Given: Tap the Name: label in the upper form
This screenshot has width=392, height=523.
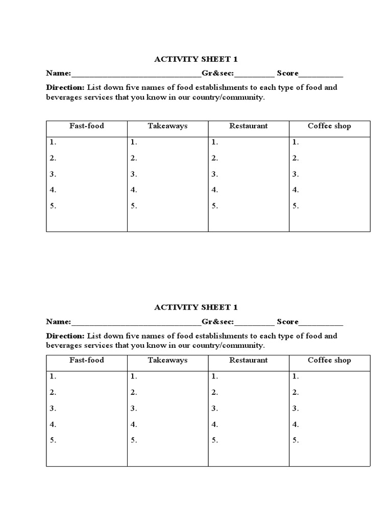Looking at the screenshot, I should pyautogui.click(x=59, y=73).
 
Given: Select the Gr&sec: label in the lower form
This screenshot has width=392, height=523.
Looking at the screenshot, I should pyautogui.click(x=218, y=322).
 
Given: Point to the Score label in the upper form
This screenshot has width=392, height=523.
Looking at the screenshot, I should pyautogui.click(x=287, y=73).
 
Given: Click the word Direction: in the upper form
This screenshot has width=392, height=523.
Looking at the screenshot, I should pyautogui.click(x=65, y=87).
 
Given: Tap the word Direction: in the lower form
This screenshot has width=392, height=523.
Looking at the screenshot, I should pyautogui.click(x=65, y=336).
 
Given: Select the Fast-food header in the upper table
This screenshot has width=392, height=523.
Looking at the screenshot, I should pyautogui.click(x=87, y=126).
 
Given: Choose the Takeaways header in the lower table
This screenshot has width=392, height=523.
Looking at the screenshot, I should pyautogui.click(x=167, y=360).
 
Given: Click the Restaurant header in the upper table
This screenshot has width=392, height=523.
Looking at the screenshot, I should pyautogui.click(x=249, y=126).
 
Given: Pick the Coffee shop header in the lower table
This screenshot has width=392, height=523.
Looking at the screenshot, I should pyautogui.click(x=329, y=360).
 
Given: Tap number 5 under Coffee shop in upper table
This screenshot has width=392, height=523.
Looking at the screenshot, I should pyautogui.click(x=296, y=206).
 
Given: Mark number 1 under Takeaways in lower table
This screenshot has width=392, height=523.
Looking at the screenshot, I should pyautogui.click(x=134, y=376).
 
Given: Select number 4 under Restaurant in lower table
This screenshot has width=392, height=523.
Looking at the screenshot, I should pyautogui.click(x=215, y=424).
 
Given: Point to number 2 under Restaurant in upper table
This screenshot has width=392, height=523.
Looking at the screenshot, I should pyautogui.click(x=215, y=158).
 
